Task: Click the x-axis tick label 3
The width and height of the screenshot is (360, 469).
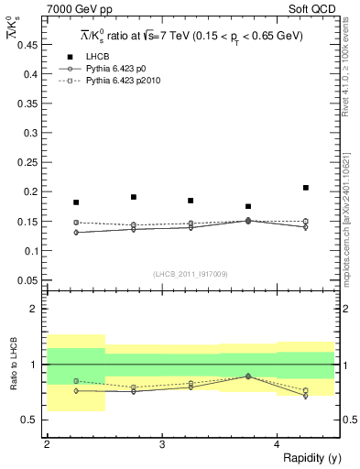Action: [162, 443]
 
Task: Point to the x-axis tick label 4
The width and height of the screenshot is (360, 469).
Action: [278, 443]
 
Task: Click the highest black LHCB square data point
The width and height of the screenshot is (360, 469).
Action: [306, 188]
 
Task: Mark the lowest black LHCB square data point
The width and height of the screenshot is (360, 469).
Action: [248, 206]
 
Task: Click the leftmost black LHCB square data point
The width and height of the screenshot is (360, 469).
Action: [76, 202]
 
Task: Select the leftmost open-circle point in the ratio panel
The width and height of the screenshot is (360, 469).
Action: [76, 391]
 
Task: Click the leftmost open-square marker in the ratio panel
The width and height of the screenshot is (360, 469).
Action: [76, 381]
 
